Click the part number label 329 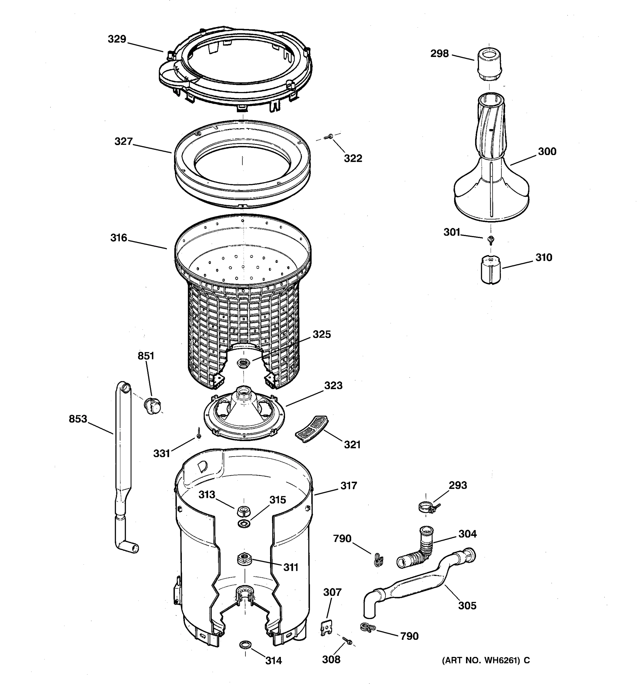coord(117,39)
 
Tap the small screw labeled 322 coord(328,137)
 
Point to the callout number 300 coord(547,151)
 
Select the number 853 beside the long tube coord(78,419)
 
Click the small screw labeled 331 coord(199,433)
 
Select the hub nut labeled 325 coord(244,363)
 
